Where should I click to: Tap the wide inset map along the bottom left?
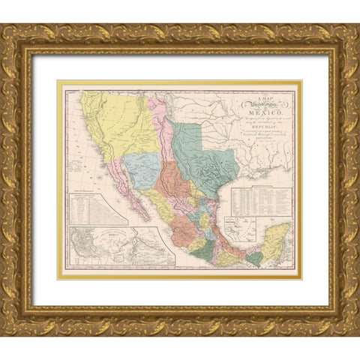(120, 248)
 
